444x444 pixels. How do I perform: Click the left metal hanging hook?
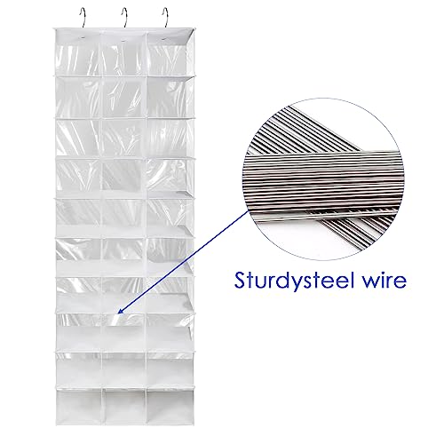[x=83, y=18]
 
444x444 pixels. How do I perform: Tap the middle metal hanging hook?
[x=124, y=18]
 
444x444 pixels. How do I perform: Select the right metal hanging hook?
[x=165, y=18]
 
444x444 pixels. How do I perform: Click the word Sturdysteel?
[x=294, y=280]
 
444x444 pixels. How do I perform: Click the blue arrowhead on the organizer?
[x=121, y=310]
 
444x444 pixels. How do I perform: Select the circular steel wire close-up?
[x=322, y=179]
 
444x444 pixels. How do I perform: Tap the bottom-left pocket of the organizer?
[x=79, y=406]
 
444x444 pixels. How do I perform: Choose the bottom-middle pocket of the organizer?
[x=124, y=406]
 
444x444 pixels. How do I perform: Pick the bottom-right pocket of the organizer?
[x=170, y=406]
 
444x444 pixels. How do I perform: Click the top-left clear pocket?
[x=78, y=60]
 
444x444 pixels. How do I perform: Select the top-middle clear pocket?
[x=123, y=60]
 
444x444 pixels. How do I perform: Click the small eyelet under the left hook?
[x=82, y=38]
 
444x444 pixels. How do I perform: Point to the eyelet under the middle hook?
[x=123, y=38]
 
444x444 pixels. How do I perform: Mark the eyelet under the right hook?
[x=163, y=38]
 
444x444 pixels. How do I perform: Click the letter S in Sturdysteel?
[x=241, y=280]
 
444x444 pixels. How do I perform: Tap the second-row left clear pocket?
[x=78, y=98]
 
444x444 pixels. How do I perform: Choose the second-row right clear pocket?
[x=170, y=98]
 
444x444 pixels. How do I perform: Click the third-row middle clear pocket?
[x=123, y=138]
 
